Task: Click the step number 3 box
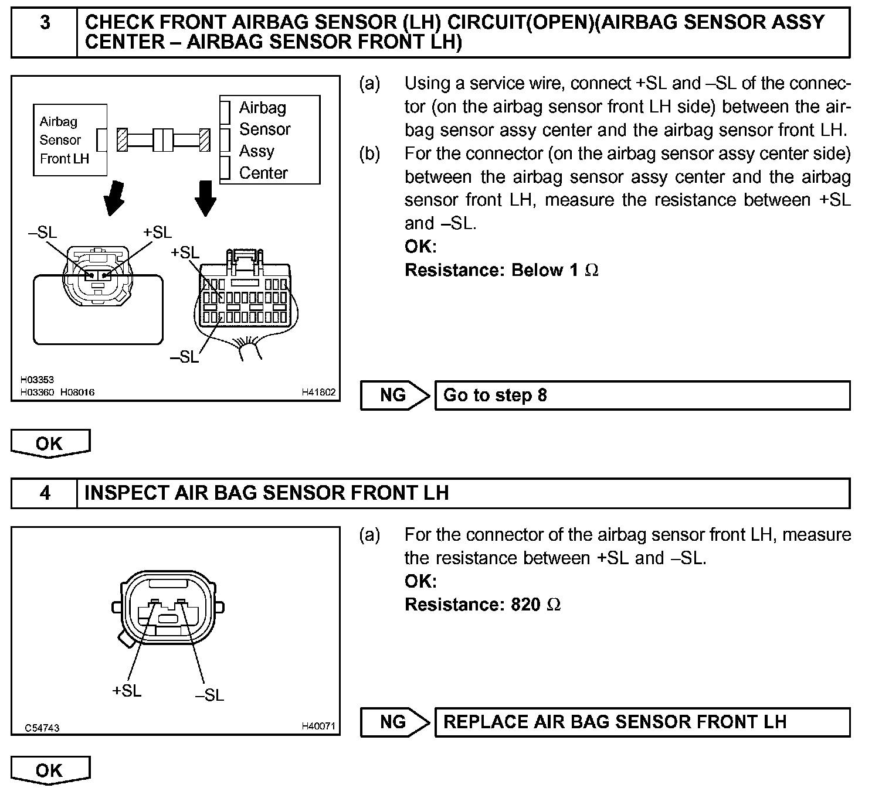click(45, 32)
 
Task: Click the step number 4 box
click(45, 493)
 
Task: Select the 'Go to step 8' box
click(642, 395)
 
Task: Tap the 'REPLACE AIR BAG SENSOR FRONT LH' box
click(642, 722)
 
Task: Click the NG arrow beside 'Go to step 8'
click(395, 395)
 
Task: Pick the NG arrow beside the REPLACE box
click(395, 722)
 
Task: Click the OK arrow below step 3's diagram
click(50, 444)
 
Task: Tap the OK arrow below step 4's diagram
click(50, 770)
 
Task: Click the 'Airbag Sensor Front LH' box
click(70, 140)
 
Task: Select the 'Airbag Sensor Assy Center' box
click(270, 140)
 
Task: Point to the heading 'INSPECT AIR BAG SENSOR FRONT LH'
click(267, 493)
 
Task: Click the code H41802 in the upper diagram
click(318, 392)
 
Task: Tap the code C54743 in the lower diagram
click(42, 728)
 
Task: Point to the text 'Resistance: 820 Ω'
click(483, 605)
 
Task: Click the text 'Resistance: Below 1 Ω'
click(501, 270)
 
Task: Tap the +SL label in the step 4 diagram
click(127, 691)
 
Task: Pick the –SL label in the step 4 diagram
click(209, 695)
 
